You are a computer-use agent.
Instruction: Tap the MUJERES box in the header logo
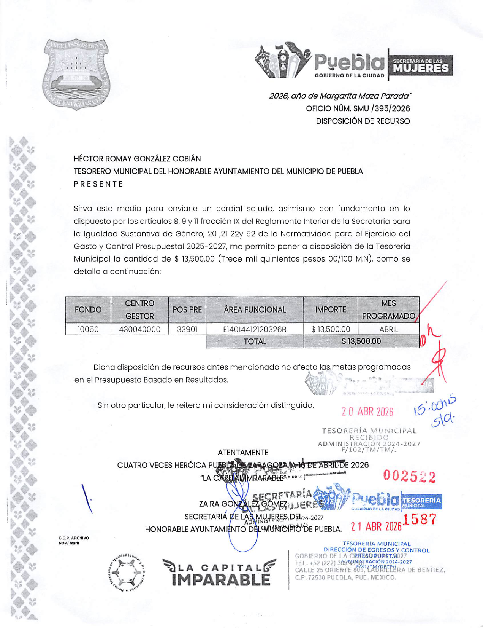[421, 65]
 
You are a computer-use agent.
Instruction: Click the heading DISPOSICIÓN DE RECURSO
[363, 121]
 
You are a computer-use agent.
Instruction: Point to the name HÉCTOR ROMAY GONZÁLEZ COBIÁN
[137, 159]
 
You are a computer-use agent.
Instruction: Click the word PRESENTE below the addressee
[98, 184]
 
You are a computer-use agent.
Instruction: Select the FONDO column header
[88, 310]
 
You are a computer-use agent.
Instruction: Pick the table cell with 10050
[88, 329]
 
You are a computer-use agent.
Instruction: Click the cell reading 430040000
[139, 329]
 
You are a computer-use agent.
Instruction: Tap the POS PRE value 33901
[187, 329]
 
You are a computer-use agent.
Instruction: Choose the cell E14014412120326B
[255, 329]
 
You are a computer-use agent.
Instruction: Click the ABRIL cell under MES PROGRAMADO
[388, 329]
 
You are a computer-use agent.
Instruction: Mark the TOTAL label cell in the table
[255, 341]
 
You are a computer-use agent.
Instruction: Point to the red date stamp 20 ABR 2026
[367, 412]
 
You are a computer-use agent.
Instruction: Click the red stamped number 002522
[409, 476]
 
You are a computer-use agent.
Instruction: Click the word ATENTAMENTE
[243, 453]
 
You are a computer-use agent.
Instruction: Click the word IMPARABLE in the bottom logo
[221, 579]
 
